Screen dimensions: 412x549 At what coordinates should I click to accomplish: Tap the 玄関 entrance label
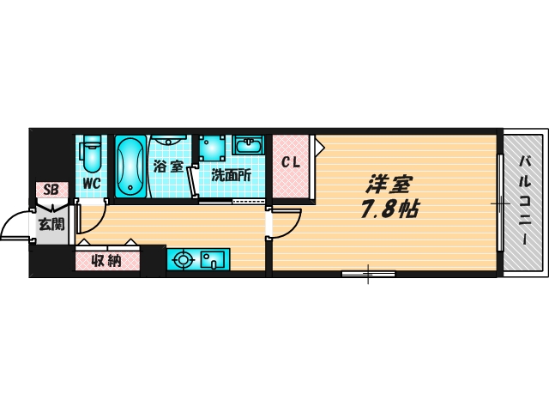pyautogui.click(x=51, y=225)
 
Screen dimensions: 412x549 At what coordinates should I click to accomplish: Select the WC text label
pyautogui.click(x=92, y=182)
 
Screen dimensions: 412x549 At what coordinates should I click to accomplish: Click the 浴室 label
pyautogui.click(x=167, y=167)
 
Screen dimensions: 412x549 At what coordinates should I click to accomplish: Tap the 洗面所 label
pyautogui.click(x=232, y=175)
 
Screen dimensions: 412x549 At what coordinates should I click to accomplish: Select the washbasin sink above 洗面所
pyautogui.click(x=249, y=144)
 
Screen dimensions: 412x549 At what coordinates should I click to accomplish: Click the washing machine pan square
pyautogui.click(x=212, y=146)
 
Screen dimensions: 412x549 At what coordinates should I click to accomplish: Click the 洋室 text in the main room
pyautogui.click(x=389, y=185)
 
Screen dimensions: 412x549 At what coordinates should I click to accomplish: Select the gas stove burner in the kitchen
pyautogui.click(x=182, y=259)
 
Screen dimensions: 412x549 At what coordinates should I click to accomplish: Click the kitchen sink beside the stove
pyautogui.click(x=211, y=259)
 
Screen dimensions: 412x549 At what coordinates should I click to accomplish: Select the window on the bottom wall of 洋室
pyautogui.click(x=368, y=275)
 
